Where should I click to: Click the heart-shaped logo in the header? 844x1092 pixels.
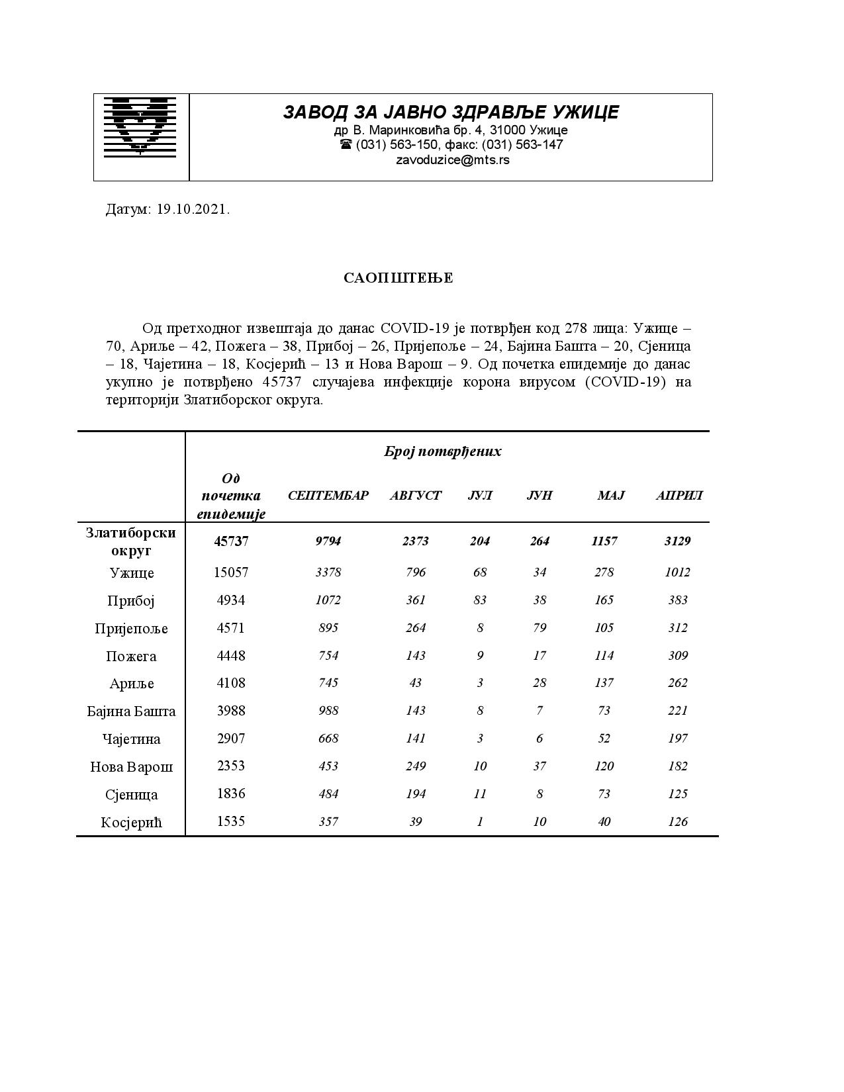140,127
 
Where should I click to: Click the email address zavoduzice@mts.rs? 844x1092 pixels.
452,159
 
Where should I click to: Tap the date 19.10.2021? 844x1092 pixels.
193,210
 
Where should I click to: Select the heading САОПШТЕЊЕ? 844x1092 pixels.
398,278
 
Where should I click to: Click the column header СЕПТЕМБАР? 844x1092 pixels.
328,496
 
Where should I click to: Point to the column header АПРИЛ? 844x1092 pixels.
679,496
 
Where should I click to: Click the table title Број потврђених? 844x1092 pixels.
442,451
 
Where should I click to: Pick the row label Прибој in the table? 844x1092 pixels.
131,601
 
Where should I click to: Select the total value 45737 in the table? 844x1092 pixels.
231,541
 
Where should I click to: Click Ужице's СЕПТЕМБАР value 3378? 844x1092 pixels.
328,572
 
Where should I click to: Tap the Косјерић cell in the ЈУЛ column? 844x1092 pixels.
479,822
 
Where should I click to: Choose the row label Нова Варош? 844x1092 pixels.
131,767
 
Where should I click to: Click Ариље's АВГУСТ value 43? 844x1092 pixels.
415,683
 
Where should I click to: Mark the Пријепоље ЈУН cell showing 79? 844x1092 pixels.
539,628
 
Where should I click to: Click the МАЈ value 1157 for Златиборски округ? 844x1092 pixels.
604,541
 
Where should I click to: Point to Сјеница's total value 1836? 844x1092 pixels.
231,794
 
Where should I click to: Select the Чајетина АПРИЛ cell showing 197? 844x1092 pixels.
677,739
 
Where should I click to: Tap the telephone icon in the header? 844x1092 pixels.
346,144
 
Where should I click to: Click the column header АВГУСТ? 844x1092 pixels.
415,496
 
